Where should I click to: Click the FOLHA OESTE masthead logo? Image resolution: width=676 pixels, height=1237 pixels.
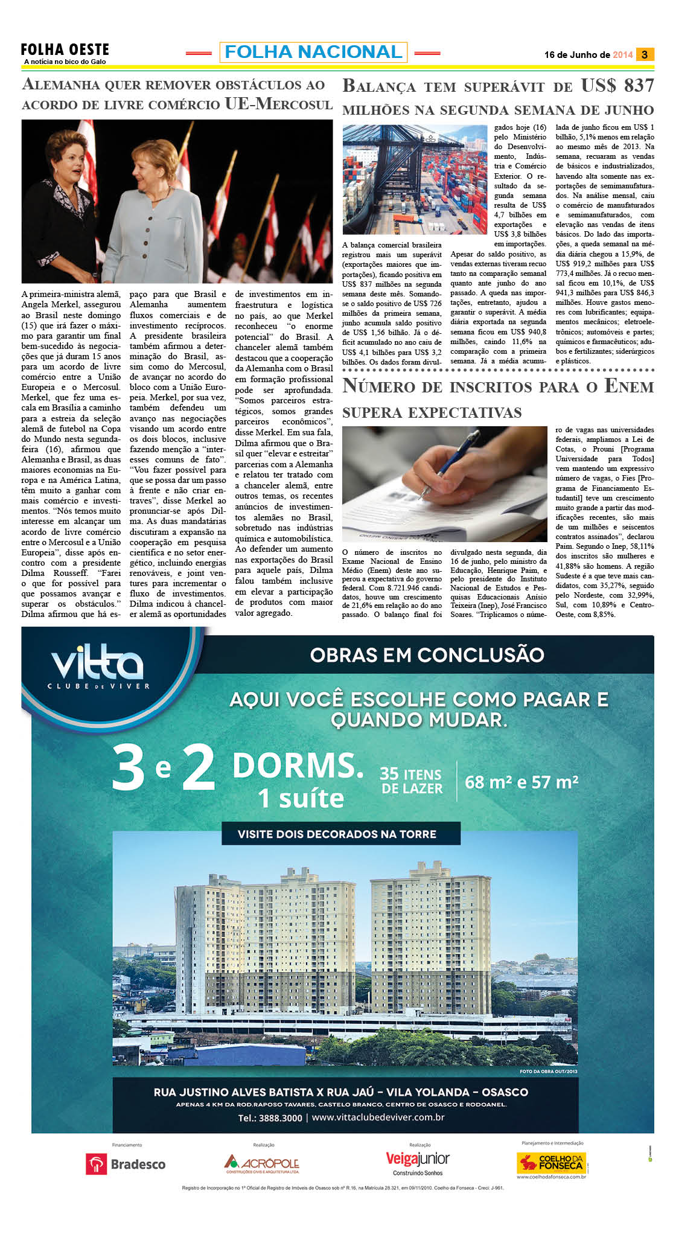tap(65, 50)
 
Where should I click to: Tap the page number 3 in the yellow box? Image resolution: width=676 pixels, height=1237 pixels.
tap(645, 55)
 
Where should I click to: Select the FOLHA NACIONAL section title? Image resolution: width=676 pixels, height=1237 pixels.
tap(313, 53)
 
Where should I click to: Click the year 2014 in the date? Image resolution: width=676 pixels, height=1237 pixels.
tap(622, 55)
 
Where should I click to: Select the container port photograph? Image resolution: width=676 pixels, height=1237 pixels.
tap(415, 179)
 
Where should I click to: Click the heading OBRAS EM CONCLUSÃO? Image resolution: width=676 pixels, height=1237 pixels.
tap(427, 655)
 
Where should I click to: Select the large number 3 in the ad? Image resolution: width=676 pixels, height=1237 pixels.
tap(129, 768)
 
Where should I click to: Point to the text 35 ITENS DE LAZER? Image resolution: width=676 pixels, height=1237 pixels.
tap(412, 781)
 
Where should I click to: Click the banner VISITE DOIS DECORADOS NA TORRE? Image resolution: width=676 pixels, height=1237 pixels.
tap(337, 834)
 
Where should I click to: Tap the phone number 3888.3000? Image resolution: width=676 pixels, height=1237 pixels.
tap(280, 1117)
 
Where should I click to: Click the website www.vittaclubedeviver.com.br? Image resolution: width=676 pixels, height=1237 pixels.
tap(378, 1117)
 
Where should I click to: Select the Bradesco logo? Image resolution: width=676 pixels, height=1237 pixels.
tap(126, 1165)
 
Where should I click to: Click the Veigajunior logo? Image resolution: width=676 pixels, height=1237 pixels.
tap(418, 1159)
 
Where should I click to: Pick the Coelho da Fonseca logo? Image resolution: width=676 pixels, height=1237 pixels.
tap(551, 1162)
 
